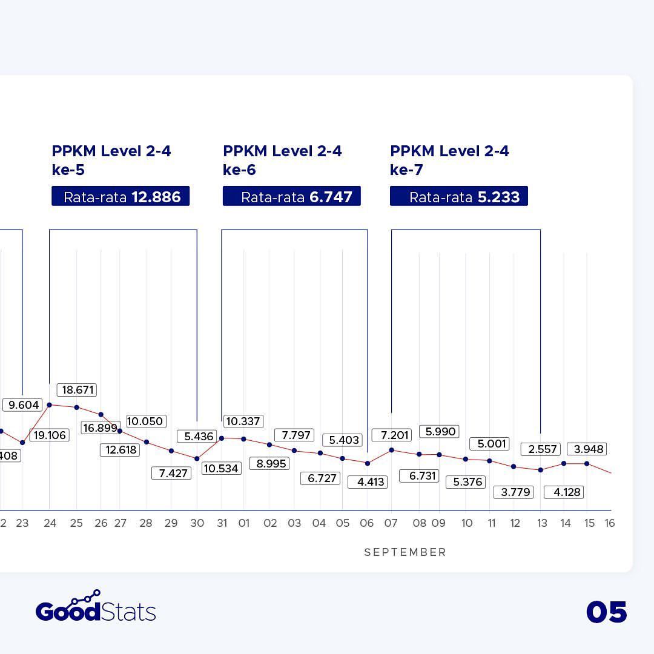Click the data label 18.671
(x=76, y=390)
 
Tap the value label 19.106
(x=48, y=435)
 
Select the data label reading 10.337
(x=242, y=421)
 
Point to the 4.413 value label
(x=368, y=482)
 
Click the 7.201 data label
(x=391, y=435)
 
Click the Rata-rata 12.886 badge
(x=121, y=196)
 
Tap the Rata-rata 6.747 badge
(x=292, y=196)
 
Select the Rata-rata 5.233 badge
(x=459, y=196)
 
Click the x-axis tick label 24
(x=50, y=523)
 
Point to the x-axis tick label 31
(x=222, y=523)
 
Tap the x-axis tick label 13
(x=541, y=523)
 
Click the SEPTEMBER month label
(x=405, y=552)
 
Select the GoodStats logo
(x=96, y=607)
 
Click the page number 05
(x=606, y=612)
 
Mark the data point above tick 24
(x=50, y=405)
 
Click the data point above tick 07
(x=392, y=450)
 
